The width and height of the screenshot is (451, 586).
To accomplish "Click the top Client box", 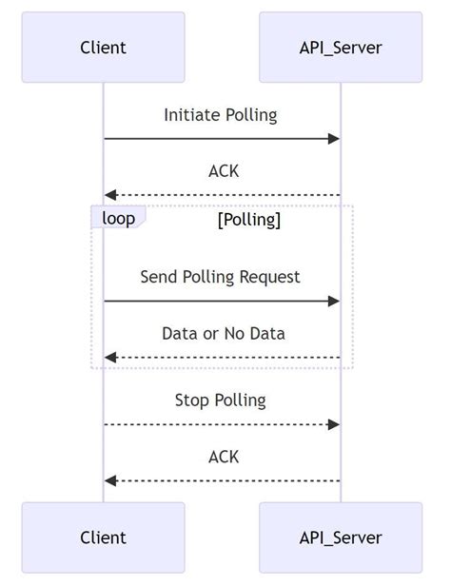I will (x=103, y=47).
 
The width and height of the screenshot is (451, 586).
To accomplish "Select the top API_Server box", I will (x=341, y=47).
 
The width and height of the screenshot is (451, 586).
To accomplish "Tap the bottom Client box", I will (x=103, y=537).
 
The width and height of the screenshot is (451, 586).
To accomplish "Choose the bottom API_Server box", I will (x=341, y=537).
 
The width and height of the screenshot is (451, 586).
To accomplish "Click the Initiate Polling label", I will (x=221, y=115).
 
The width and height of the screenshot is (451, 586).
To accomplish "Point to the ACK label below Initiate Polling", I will (x=224, y=171).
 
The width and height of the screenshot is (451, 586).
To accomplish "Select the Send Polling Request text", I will (x=221, y=277).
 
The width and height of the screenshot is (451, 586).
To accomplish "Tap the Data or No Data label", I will (x=224, y=333).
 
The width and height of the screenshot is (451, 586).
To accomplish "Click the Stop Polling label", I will (x=221, y=400).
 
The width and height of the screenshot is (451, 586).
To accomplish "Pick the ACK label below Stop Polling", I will (x=224, y=457).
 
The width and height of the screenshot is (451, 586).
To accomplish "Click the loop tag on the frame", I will (x=118, y=219).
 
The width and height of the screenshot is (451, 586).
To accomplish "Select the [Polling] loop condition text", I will (x=249, y=220).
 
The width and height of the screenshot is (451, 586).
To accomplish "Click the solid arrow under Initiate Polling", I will (x=222, y=139).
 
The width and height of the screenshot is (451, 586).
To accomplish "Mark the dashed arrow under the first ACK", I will (x=222, y=195).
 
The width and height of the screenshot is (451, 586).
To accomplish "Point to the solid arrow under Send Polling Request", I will (x=222, y=301).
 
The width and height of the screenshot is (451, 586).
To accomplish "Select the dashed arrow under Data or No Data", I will (x=222, y=357).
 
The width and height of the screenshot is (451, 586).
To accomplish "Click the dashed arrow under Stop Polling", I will (x=222, y=423).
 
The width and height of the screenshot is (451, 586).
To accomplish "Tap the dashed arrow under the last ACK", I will (x=222, y=480).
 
